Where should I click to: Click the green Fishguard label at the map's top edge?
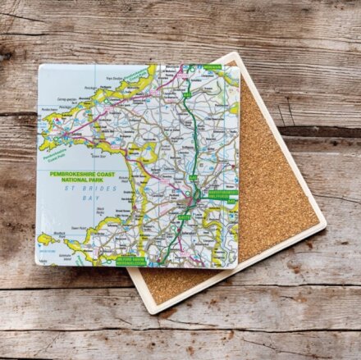tap(212, 65)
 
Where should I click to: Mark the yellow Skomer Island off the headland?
tap(45, 240)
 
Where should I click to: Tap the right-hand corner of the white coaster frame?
tap(324, 221)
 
